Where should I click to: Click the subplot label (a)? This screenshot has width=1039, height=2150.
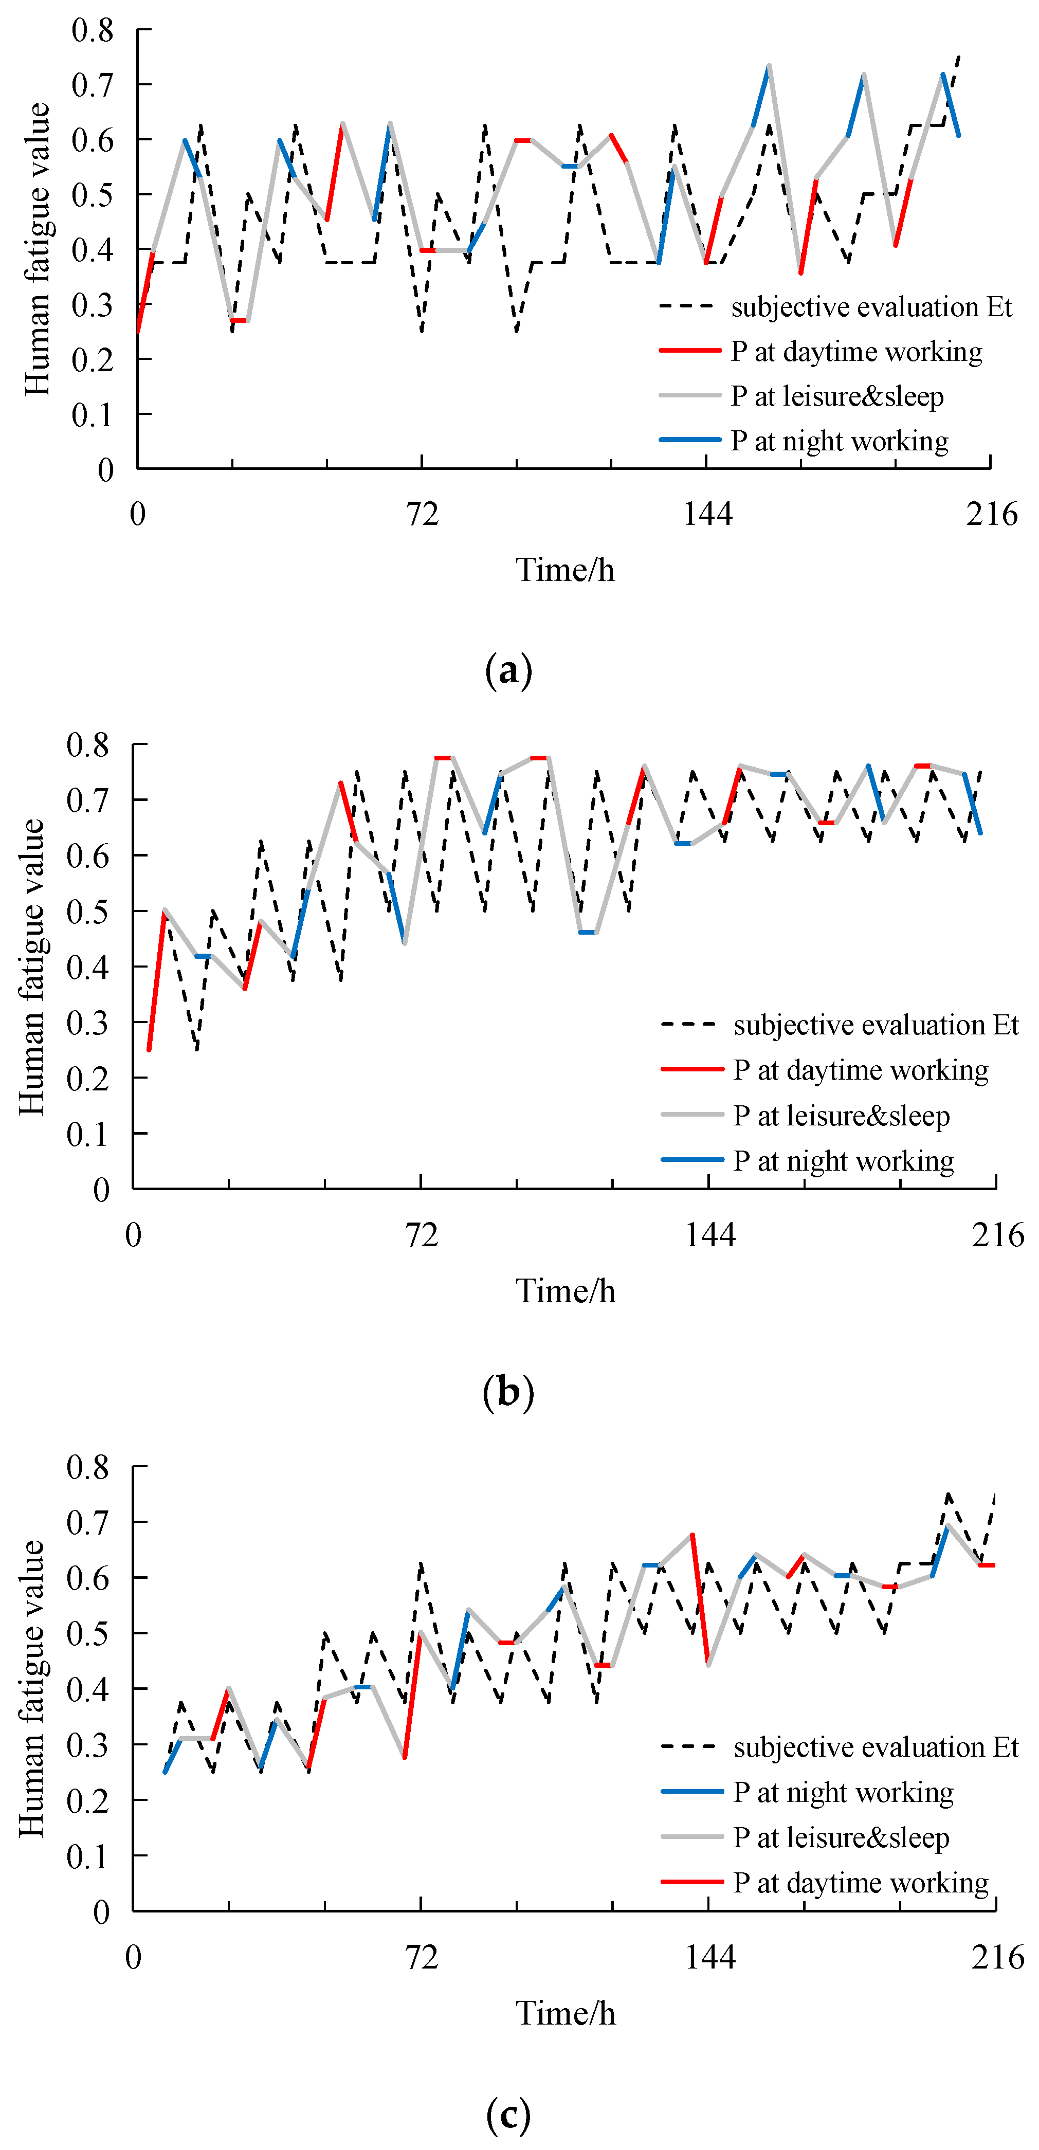click(x=508, y=670)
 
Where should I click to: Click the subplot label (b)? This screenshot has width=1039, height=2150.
click(x=508, y=1391)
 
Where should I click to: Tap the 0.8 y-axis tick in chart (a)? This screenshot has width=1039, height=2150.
click(x=93, y=31)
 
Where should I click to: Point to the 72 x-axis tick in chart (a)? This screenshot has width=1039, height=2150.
click(x=422, y=513)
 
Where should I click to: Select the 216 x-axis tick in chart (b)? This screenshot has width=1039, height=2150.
click(x=997, y=1234)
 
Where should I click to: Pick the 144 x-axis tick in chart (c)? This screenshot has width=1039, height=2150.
click(x=709, y=1956)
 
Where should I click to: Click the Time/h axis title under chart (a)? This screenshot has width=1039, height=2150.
click(x=565, y=570)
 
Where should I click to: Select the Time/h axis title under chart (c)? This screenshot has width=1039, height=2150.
click(x=565, y=2013)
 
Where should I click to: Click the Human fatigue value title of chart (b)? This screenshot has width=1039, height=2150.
click(x=32, y=967)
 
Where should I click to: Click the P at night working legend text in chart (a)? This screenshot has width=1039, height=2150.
click(x=840, y=441)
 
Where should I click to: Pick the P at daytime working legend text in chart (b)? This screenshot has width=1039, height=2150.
click(x=861, y=1070)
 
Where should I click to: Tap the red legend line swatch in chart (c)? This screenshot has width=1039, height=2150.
click(x=692, y=1882)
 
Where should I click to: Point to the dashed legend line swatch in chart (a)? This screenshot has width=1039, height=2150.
click(x=689, y=306)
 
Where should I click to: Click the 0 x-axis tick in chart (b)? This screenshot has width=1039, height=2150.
click(x=134, y=1234)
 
